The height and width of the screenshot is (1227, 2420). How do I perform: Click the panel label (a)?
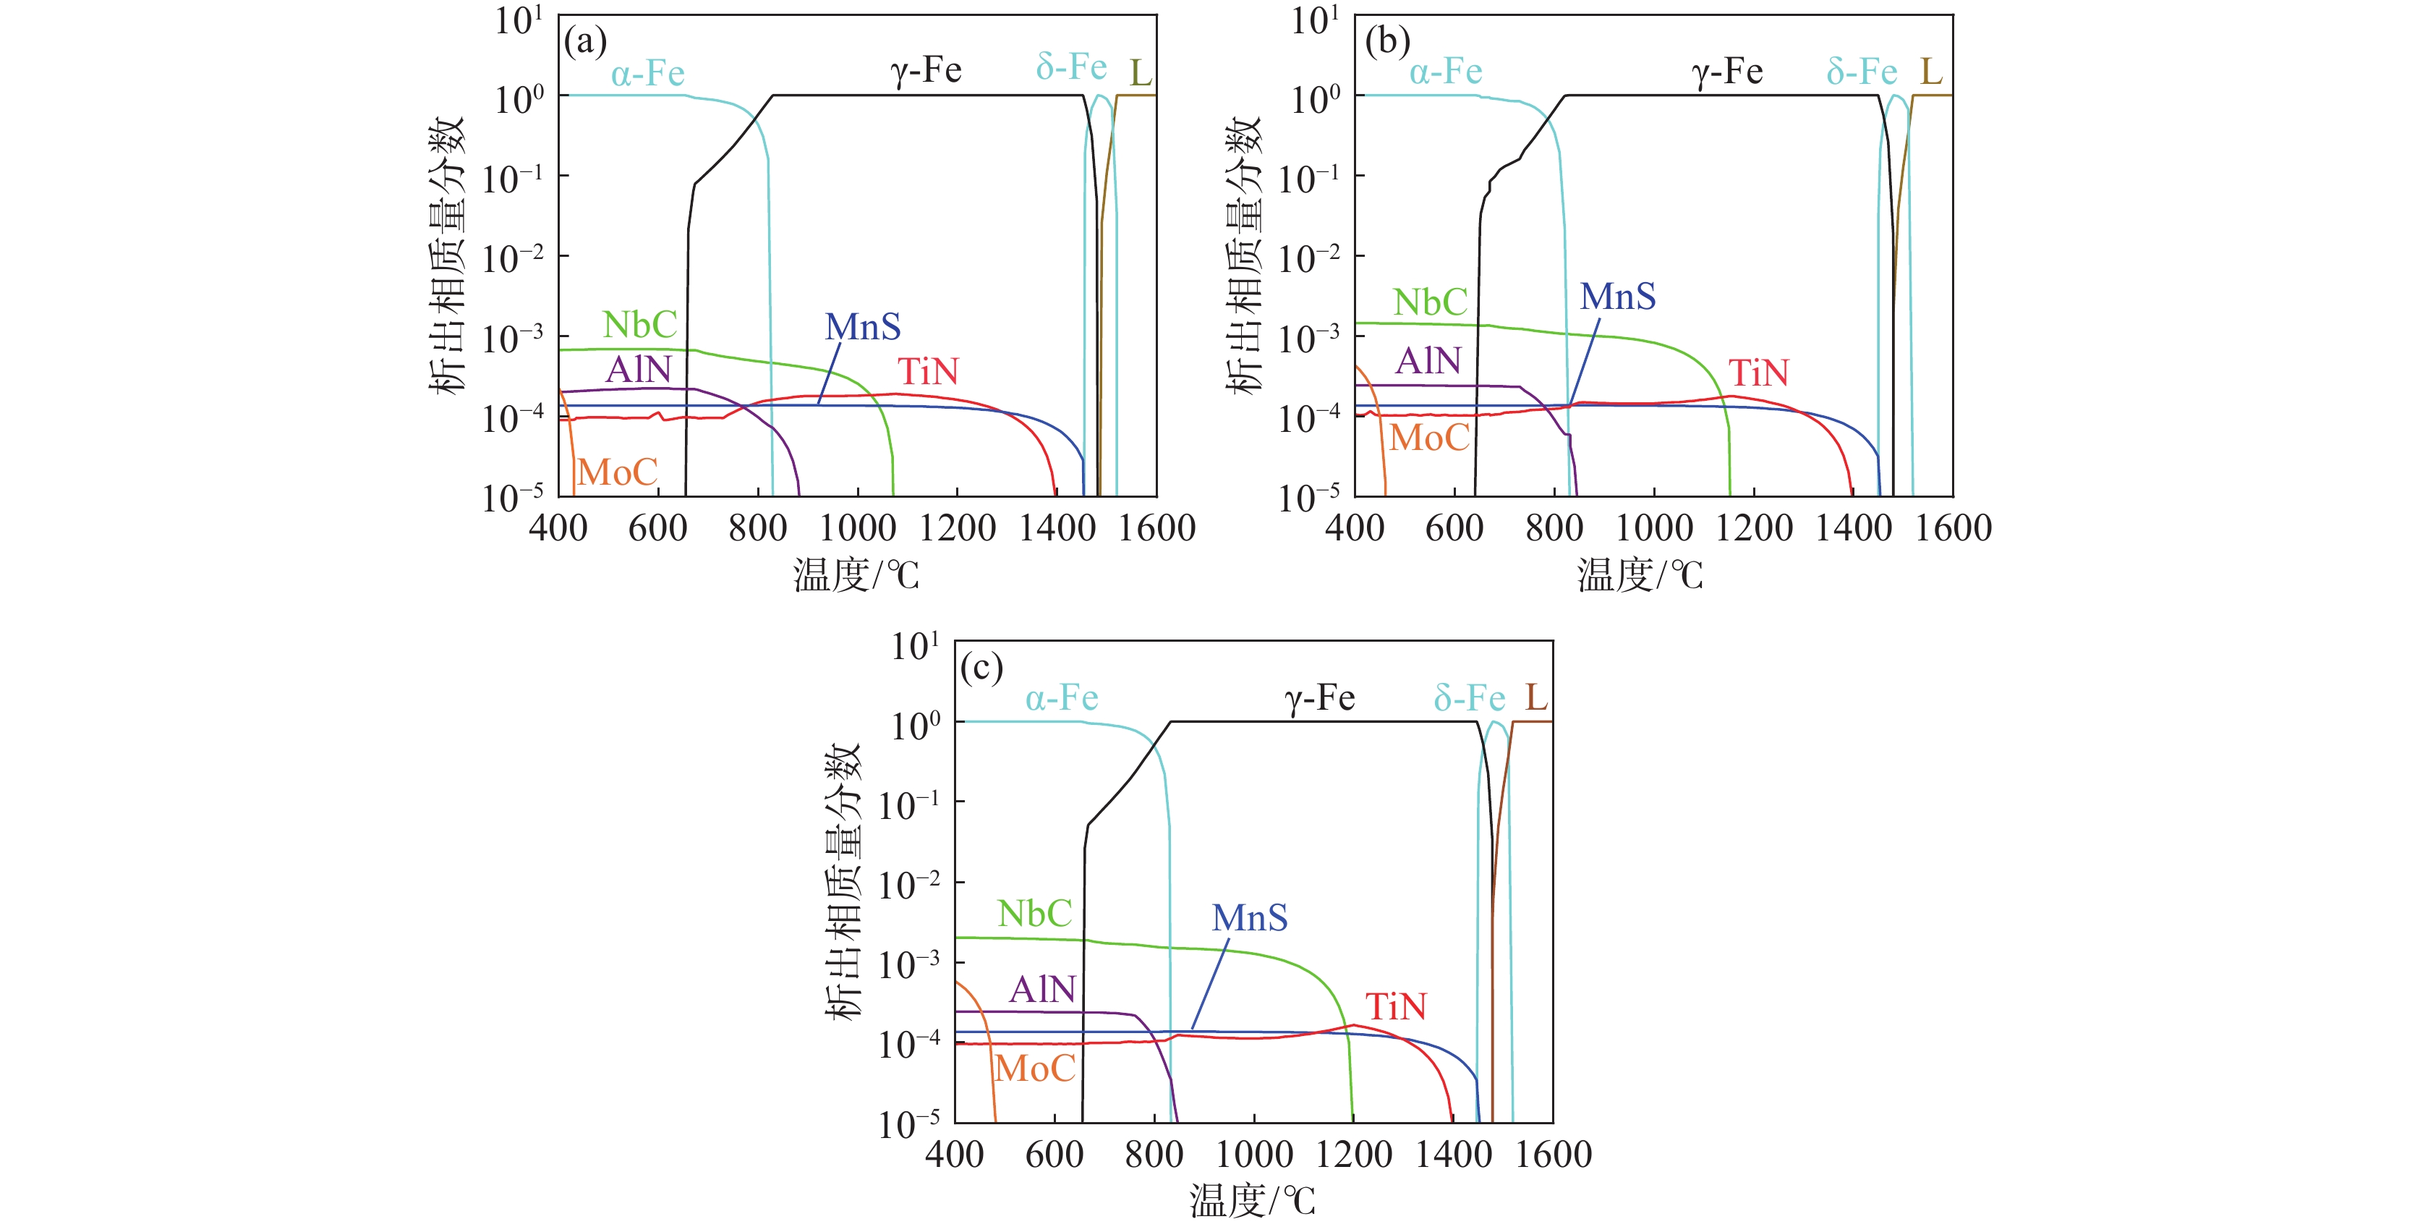coord(584,42)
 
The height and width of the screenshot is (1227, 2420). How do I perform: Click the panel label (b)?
coord(1386,42)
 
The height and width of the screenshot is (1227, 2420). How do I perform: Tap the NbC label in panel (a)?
coord(640,325)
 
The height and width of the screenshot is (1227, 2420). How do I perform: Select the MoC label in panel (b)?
coord(1429,438)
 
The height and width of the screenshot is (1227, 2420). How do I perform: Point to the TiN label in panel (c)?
coord(1395,1007)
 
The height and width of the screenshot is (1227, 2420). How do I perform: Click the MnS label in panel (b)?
coord(1618,297)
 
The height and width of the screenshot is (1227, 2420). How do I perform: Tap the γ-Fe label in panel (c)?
coord(1319,698)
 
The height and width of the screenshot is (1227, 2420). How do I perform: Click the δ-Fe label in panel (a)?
coord(1071,68)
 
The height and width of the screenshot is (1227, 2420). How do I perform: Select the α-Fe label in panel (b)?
coord(1446,72)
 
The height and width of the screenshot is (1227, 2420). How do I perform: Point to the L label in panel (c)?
coord(1536,697)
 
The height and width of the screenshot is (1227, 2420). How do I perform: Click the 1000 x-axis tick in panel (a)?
coord(857,528)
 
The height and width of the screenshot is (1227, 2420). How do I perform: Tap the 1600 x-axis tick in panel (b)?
coord(1953,528)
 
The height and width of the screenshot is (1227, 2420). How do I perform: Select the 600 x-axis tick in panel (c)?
coord(1054,1155)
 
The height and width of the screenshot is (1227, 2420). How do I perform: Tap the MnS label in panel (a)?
coord(862,327)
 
